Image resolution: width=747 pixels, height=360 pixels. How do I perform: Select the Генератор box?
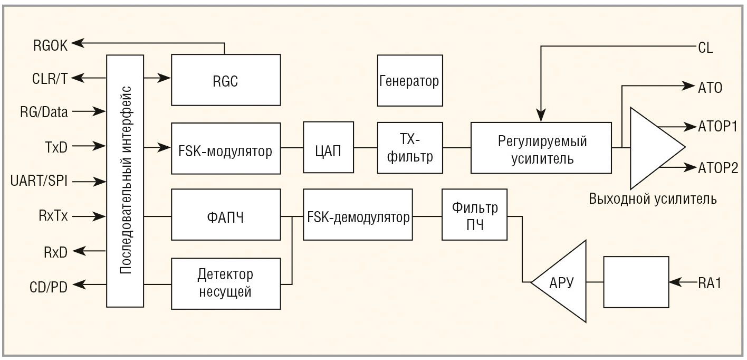[x=409, y=81]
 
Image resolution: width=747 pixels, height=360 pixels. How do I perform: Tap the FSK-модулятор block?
[x=226, y=151]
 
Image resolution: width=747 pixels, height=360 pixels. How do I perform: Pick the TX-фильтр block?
[x=409, y=148]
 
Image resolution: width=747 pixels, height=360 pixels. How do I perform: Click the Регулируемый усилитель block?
[x=541, y=148]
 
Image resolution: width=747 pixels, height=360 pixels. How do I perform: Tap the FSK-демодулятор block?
[x=358, y=216]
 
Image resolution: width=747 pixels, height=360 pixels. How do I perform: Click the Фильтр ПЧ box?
[x=474, y=215]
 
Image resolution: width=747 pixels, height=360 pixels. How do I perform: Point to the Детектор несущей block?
[x=226, y=283]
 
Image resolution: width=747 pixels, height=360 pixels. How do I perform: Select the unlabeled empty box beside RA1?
[x=636, y=282]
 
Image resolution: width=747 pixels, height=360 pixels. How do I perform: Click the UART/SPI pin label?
[x=39, y=181]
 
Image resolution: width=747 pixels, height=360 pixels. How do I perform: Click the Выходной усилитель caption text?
[x=653, y=199]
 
